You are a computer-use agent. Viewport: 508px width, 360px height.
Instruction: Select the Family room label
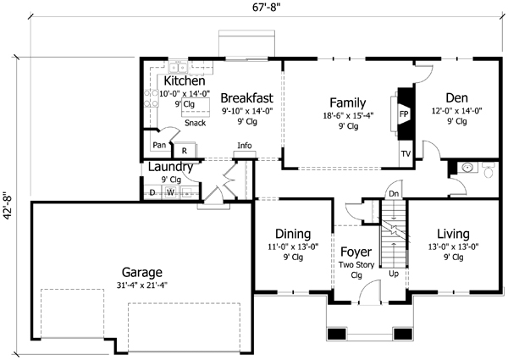tap(347, 102)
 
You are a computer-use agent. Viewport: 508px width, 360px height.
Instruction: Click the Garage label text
tap(141, 273)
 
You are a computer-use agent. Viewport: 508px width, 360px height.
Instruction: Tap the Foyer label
tap(356, 252)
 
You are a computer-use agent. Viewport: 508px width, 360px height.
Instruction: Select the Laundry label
tap(171, 167)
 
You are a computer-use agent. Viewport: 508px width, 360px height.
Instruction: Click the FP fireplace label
tap(404, 113)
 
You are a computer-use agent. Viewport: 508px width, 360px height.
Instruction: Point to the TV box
tap(405, 155)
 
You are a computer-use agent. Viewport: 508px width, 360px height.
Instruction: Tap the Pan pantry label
tap(159, 145)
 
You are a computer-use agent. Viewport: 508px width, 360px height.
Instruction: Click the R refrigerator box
tap(184, 150)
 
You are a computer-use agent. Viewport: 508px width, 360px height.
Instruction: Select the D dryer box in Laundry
tap(152, 192)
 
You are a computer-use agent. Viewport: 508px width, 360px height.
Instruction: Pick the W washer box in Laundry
tap(170, 192)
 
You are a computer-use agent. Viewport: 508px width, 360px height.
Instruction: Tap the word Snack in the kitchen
tap(195, 123)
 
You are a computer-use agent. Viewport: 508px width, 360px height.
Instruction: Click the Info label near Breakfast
tap(245, 146)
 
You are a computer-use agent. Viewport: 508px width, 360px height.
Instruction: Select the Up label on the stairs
tap(393, 274)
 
